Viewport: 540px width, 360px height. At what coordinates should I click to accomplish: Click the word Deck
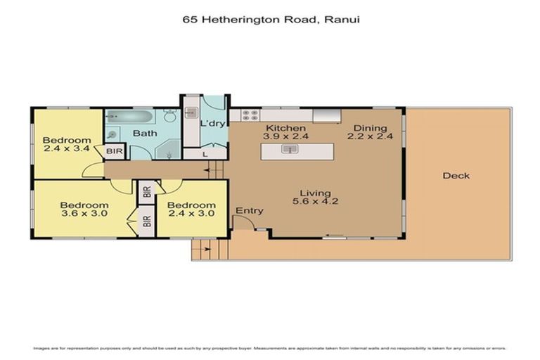click(456, 176)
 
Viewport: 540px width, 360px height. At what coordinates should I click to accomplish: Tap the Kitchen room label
click(285, 128)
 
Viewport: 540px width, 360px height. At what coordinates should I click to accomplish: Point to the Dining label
click(370, 128)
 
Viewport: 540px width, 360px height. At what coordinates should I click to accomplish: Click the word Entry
click(249, 211)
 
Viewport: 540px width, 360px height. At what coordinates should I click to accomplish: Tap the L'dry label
click(212, 124)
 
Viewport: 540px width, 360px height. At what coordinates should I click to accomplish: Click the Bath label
click(145, 133)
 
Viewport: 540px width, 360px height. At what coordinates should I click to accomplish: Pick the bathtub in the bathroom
click(128, 117)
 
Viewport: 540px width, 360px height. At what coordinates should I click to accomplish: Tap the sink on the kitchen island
click(288, 149)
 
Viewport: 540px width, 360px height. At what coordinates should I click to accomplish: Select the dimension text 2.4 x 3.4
click(67, 148)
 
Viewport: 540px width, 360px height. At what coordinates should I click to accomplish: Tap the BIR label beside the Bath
click(113, 151)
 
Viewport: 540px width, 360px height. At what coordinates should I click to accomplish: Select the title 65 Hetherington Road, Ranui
click(270, 20)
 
